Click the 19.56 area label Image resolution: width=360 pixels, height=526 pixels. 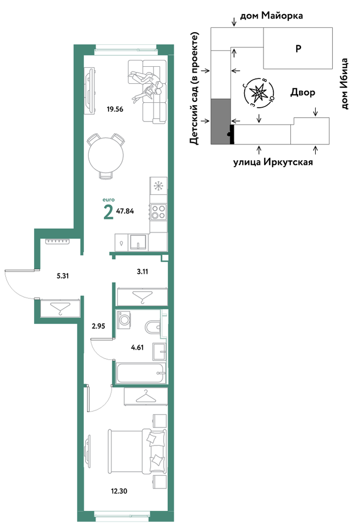tap(115, 109)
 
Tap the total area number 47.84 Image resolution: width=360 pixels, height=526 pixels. tap(125, 211)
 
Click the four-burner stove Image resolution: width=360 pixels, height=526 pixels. tap(158, 212)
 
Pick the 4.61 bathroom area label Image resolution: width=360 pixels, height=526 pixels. tap(137, 348)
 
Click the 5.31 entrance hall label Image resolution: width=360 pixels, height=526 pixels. tap(63, 276)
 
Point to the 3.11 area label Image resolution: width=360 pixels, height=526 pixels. tap(142, 272)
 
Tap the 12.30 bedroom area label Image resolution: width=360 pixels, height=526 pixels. tap(119, 491)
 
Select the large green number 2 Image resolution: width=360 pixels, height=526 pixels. tap(108, 212)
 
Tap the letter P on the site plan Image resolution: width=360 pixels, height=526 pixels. tap(298, 49)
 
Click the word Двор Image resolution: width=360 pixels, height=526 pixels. tap(303, 92)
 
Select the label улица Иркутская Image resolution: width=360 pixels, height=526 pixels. tap(273, 162)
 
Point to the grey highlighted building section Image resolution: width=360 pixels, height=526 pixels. tap(221, 121)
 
